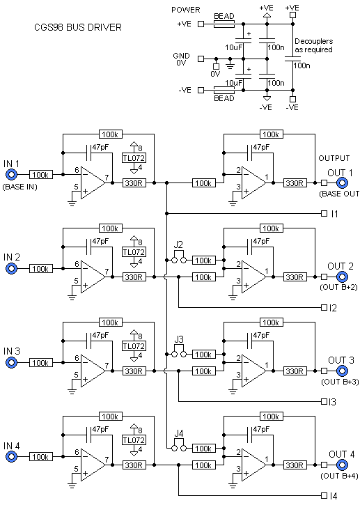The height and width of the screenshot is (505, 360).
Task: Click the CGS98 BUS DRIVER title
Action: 78,27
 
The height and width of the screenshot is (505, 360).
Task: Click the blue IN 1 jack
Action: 12,175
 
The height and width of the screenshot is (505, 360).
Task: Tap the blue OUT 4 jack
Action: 342,465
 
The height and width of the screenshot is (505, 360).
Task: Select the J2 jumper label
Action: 178,244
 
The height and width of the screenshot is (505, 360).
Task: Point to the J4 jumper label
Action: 179,433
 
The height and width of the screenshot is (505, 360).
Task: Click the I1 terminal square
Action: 324,214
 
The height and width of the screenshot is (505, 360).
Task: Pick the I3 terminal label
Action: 333,402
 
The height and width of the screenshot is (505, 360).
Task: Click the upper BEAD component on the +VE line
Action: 224,24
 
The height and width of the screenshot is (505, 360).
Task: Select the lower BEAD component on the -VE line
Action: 224,90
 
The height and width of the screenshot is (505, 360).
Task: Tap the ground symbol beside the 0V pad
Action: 230,65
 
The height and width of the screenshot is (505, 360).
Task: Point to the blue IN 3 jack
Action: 12,363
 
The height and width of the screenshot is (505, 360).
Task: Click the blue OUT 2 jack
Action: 342,277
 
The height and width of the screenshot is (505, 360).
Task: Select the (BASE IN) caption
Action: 19,187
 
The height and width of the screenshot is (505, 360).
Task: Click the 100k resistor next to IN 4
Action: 40,457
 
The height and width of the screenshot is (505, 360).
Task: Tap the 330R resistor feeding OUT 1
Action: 295,183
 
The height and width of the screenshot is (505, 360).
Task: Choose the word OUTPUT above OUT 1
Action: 334,158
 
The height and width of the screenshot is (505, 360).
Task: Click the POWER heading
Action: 186,10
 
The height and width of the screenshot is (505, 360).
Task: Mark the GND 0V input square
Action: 201,59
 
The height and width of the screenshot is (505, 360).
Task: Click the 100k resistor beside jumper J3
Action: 203,355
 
